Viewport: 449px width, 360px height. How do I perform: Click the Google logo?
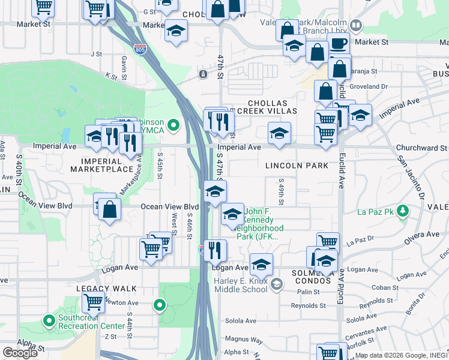point(20,353)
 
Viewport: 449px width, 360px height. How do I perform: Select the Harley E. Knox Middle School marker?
point(276,283)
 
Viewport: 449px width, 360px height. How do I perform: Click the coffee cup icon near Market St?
point(338,44)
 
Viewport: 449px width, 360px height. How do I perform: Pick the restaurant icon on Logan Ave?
point(215,250)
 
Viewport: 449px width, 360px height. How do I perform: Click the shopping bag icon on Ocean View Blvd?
point(109,211)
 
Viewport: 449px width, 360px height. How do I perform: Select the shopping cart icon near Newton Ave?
point(94,302)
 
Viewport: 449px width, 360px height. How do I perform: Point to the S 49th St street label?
point(281,190)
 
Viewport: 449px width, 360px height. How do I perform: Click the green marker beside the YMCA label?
point(173,125)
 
